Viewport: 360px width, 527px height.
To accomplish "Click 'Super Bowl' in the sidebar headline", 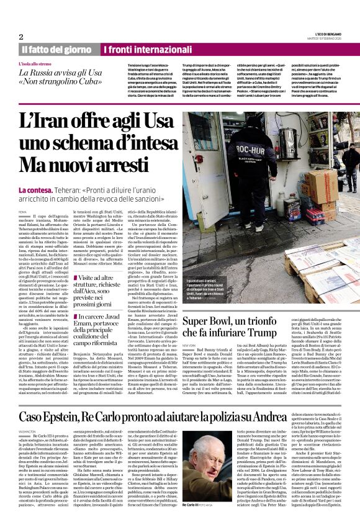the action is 214,322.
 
